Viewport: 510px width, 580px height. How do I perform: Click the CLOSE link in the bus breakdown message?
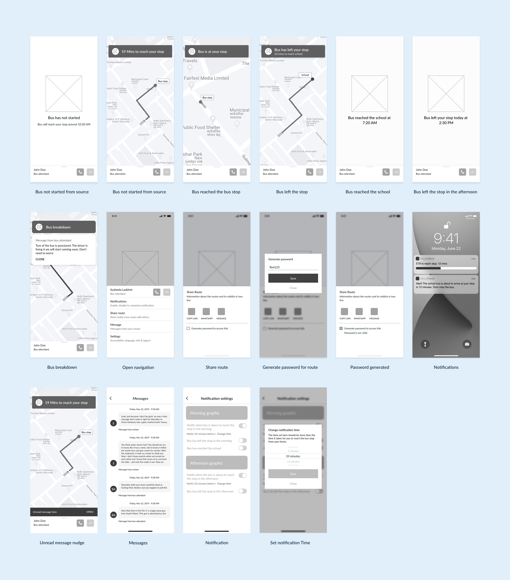click(x=40, y=259)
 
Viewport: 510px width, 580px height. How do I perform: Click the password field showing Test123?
click(x=293, y=267)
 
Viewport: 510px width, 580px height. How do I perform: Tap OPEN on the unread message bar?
click(x=90, y=512)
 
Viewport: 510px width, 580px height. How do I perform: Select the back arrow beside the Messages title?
click(x=111, y=398)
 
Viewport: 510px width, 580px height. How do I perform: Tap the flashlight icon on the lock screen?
click(x=425, y=344)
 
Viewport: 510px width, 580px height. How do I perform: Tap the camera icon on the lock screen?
click(x=467, y=344)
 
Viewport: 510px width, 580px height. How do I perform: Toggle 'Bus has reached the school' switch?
click(x=243, y=448)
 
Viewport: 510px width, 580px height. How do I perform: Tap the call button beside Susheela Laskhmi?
click(x=157, y=292)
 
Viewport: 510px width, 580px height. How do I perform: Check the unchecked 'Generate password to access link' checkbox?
click(x=188, y=329)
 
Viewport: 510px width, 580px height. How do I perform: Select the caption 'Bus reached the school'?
click(x=368, y=192)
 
